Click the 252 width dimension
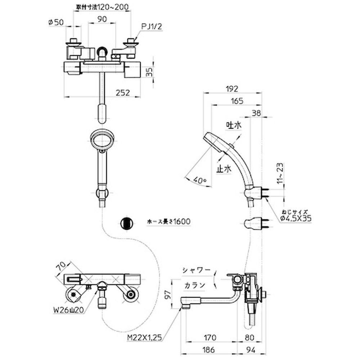[x=123, y=93]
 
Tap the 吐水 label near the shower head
[x=233, y=125]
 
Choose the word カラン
[x=195, y=285]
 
